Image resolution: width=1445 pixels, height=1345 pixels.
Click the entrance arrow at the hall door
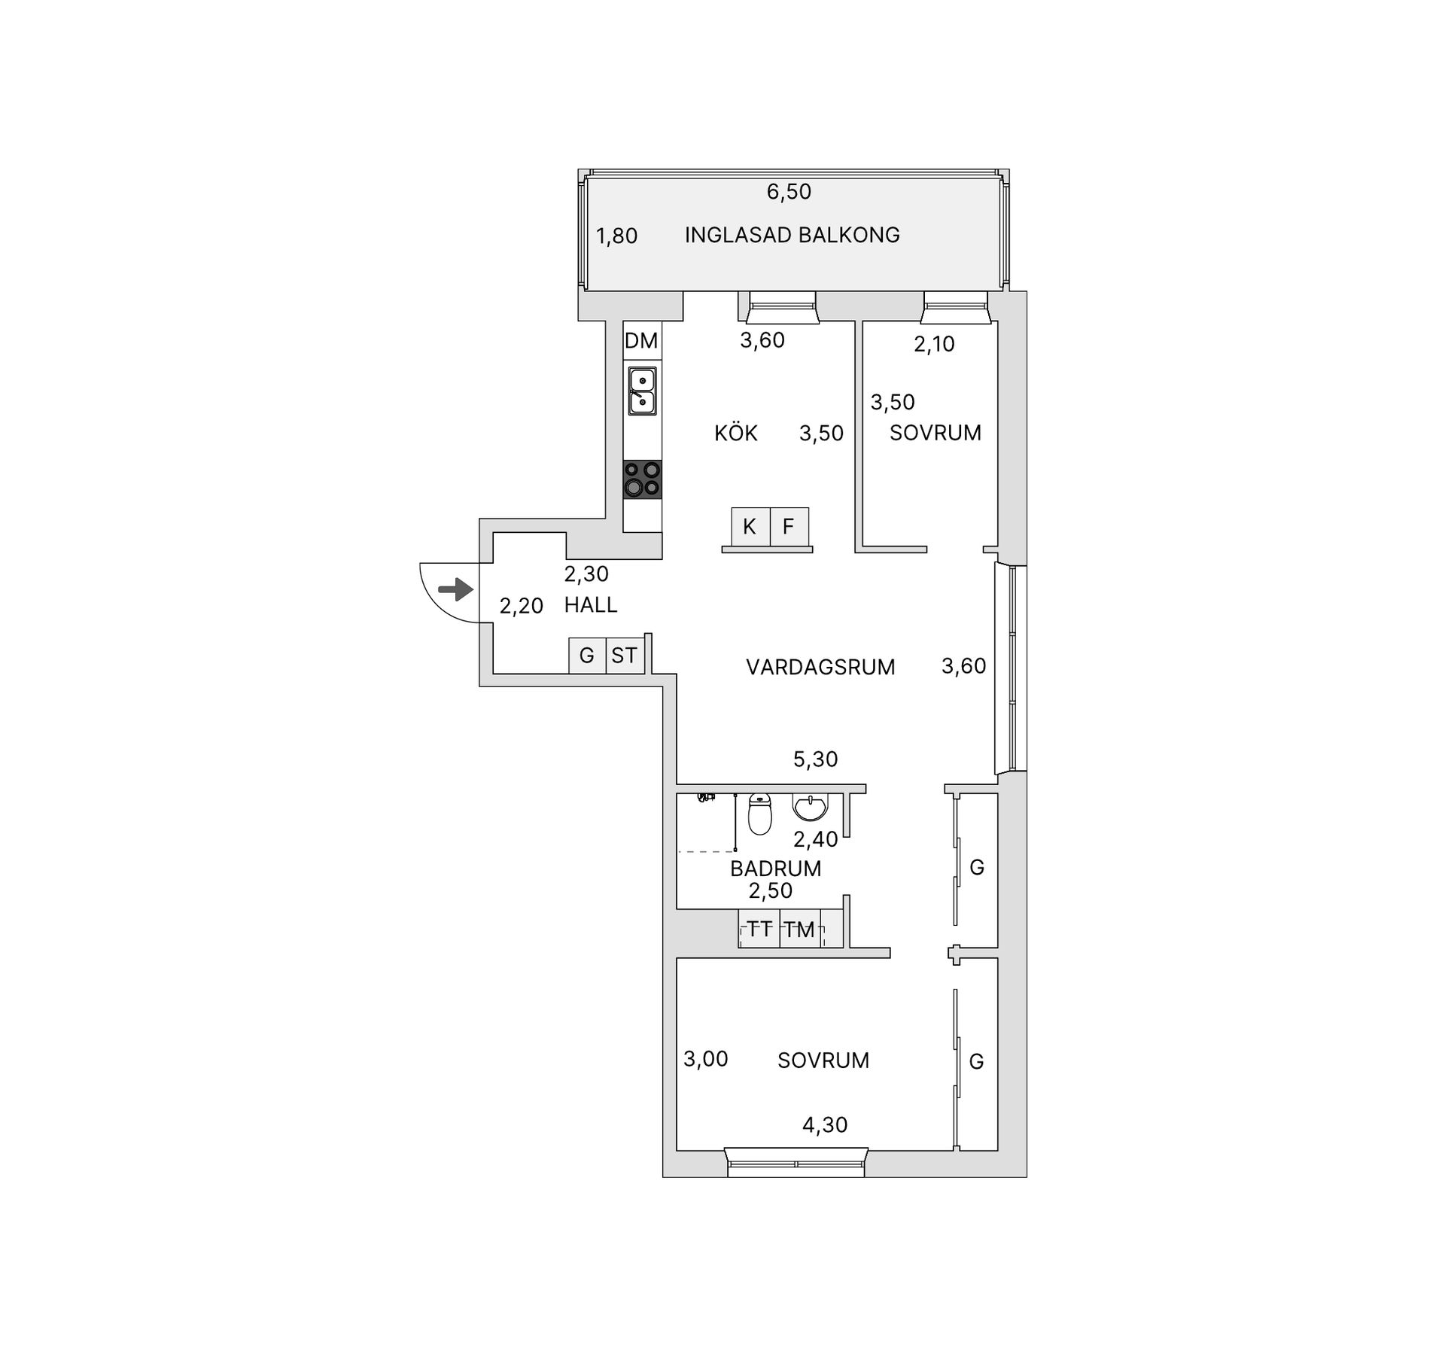(x=456, y=589)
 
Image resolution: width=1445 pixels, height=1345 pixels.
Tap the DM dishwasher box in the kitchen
(x=641, y=341)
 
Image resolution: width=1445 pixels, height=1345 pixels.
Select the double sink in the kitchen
(x=642, y=391)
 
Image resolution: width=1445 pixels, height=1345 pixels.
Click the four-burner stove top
(x=643, y=479)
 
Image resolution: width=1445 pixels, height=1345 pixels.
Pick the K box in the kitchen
(x=750, y=526)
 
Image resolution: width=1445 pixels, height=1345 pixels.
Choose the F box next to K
(x=789, y=526)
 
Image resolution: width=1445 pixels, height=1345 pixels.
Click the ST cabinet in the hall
(x=624, y=656)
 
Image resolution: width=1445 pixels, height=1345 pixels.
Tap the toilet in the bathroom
(x=760, y=814)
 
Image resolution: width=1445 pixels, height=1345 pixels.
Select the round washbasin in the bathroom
(x=810, y=807)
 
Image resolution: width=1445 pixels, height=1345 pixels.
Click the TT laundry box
(x=759, y=929)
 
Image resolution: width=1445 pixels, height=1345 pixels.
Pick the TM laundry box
(x=799, y=929)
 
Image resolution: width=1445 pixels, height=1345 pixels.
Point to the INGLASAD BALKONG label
(x=792, y=235)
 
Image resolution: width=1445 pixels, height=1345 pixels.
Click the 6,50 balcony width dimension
(x=789, y=192)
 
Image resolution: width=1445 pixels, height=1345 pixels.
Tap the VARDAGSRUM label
(x=820, y=667)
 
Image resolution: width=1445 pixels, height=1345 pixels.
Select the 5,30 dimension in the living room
(x=815, y=759)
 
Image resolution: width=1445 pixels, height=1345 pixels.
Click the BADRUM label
(x=775, y=868)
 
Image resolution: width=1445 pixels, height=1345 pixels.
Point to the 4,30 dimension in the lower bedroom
(x=825, y=1124)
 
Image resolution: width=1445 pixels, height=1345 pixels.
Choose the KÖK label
(x=735, y=433)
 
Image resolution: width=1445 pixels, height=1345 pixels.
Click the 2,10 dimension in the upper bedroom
(x=934, y=344)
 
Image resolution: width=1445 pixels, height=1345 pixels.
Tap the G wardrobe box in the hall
(x=587, y=656)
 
